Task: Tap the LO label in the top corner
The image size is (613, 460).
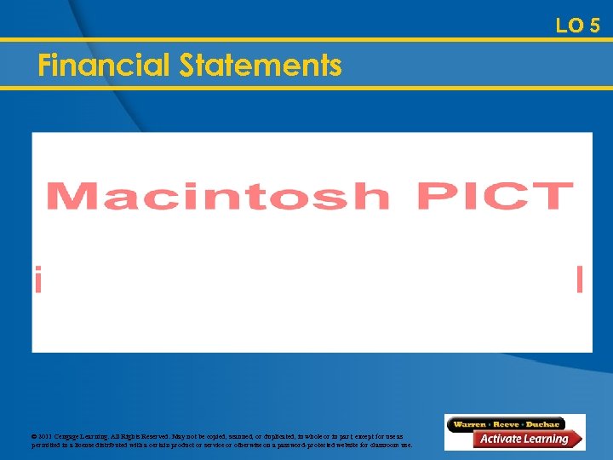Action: (x=569, y=26)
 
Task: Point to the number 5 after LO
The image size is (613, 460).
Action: (x=593, y=26)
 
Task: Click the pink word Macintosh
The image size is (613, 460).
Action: (x=218, y=195)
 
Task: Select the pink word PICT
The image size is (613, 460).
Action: (x=495, y=195)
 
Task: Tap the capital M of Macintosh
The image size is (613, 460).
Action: (x=72, y=195)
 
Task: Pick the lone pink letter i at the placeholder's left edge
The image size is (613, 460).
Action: (x=37, y=279)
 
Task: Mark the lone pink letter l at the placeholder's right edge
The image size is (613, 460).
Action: (x=580, y=279)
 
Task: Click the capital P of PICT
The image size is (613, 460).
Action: (x=435, y=195)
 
